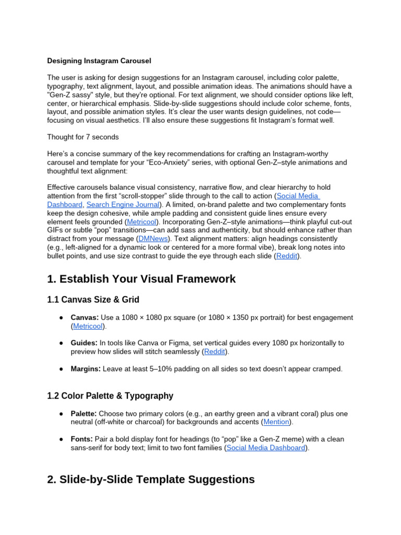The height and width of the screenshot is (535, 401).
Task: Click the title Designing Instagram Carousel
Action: [x=99, y=61]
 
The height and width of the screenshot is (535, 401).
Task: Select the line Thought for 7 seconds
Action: [x=82, y=137]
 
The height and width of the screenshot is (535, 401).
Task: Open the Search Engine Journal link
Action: [x=123, y=204]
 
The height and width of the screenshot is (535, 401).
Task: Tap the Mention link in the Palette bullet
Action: [x=277, y=422]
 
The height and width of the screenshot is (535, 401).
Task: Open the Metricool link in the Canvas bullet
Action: [x=88, y=326]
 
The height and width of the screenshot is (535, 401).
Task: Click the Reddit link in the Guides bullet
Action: [x=215, y=352]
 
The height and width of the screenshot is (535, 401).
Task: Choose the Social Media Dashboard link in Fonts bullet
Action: [x=266, y=448]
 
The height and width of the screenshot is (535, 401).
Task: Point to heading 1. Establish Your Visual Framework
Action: [x=141, y=279]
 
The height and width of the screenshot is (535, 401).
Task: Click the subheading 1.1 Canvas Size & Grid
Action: [x=93, y=300]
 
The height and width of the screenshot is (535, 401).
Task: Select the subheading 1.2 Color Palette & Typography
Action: [x=110, y=396]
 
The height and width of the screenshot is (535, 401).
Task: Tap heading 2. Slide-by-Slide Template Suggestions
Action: [x=151, y=479]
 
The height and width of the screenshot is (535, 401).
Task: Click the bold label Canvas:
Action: [x=85, y=318]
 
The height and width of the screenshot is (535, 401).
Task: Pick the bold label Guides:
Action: [x=84, y=343]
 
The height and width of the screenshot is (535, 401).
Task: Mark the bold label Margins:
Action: [x=86, y=369]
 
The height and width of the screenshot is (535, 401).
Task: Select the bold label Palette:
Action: [x=84, y=413]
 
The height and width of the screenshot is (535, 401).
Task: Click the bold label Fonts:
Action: [x=82, y=439]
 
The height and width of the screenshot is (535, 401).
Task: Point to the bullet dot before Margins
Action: [x=61, y=369]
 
